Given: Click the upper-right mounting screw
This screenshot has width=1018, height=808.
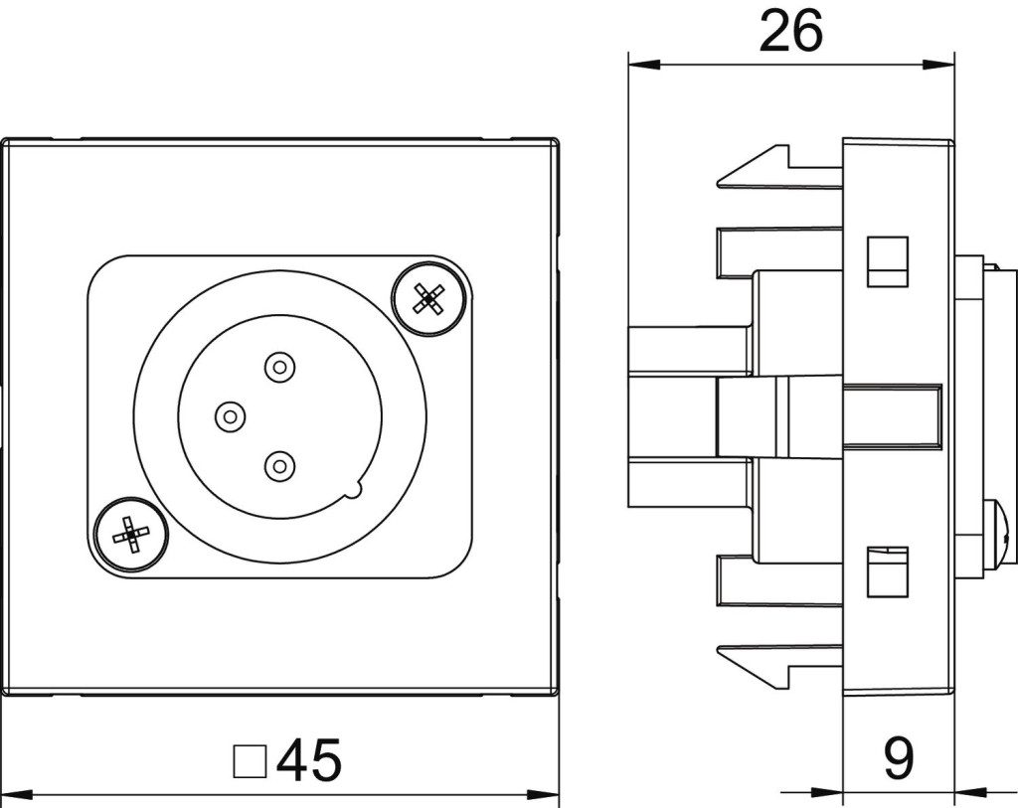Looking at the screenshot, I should tap(428, 297).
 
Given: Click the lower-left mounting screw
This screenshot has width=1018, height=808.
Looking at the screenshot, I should tap(131, 534).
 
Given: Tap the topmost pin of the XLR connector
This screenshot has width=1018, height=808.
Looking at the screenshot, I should tap(279, 369).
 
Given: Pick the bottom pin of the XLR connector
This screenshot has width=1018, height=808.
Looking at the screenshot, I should tap(279, 463).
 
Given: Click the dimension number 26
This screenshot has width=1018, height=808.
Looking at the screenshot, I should tap(790, 32).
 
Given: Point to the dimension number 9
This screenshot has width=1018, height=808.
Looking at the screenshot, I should tap(898, 758).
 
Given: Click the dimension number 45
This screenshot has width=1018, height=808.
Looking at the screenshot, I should tap(309, 760).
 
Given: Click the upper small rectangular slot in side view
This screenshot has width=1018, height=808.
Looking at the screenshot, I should tap(887, 261).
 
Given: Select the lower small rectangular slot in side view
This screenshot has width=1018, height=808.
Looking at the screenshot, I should tap(887, 571).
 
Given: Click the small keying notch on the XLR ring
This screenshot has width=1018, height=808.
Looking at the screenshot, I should tap(355, 489).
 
